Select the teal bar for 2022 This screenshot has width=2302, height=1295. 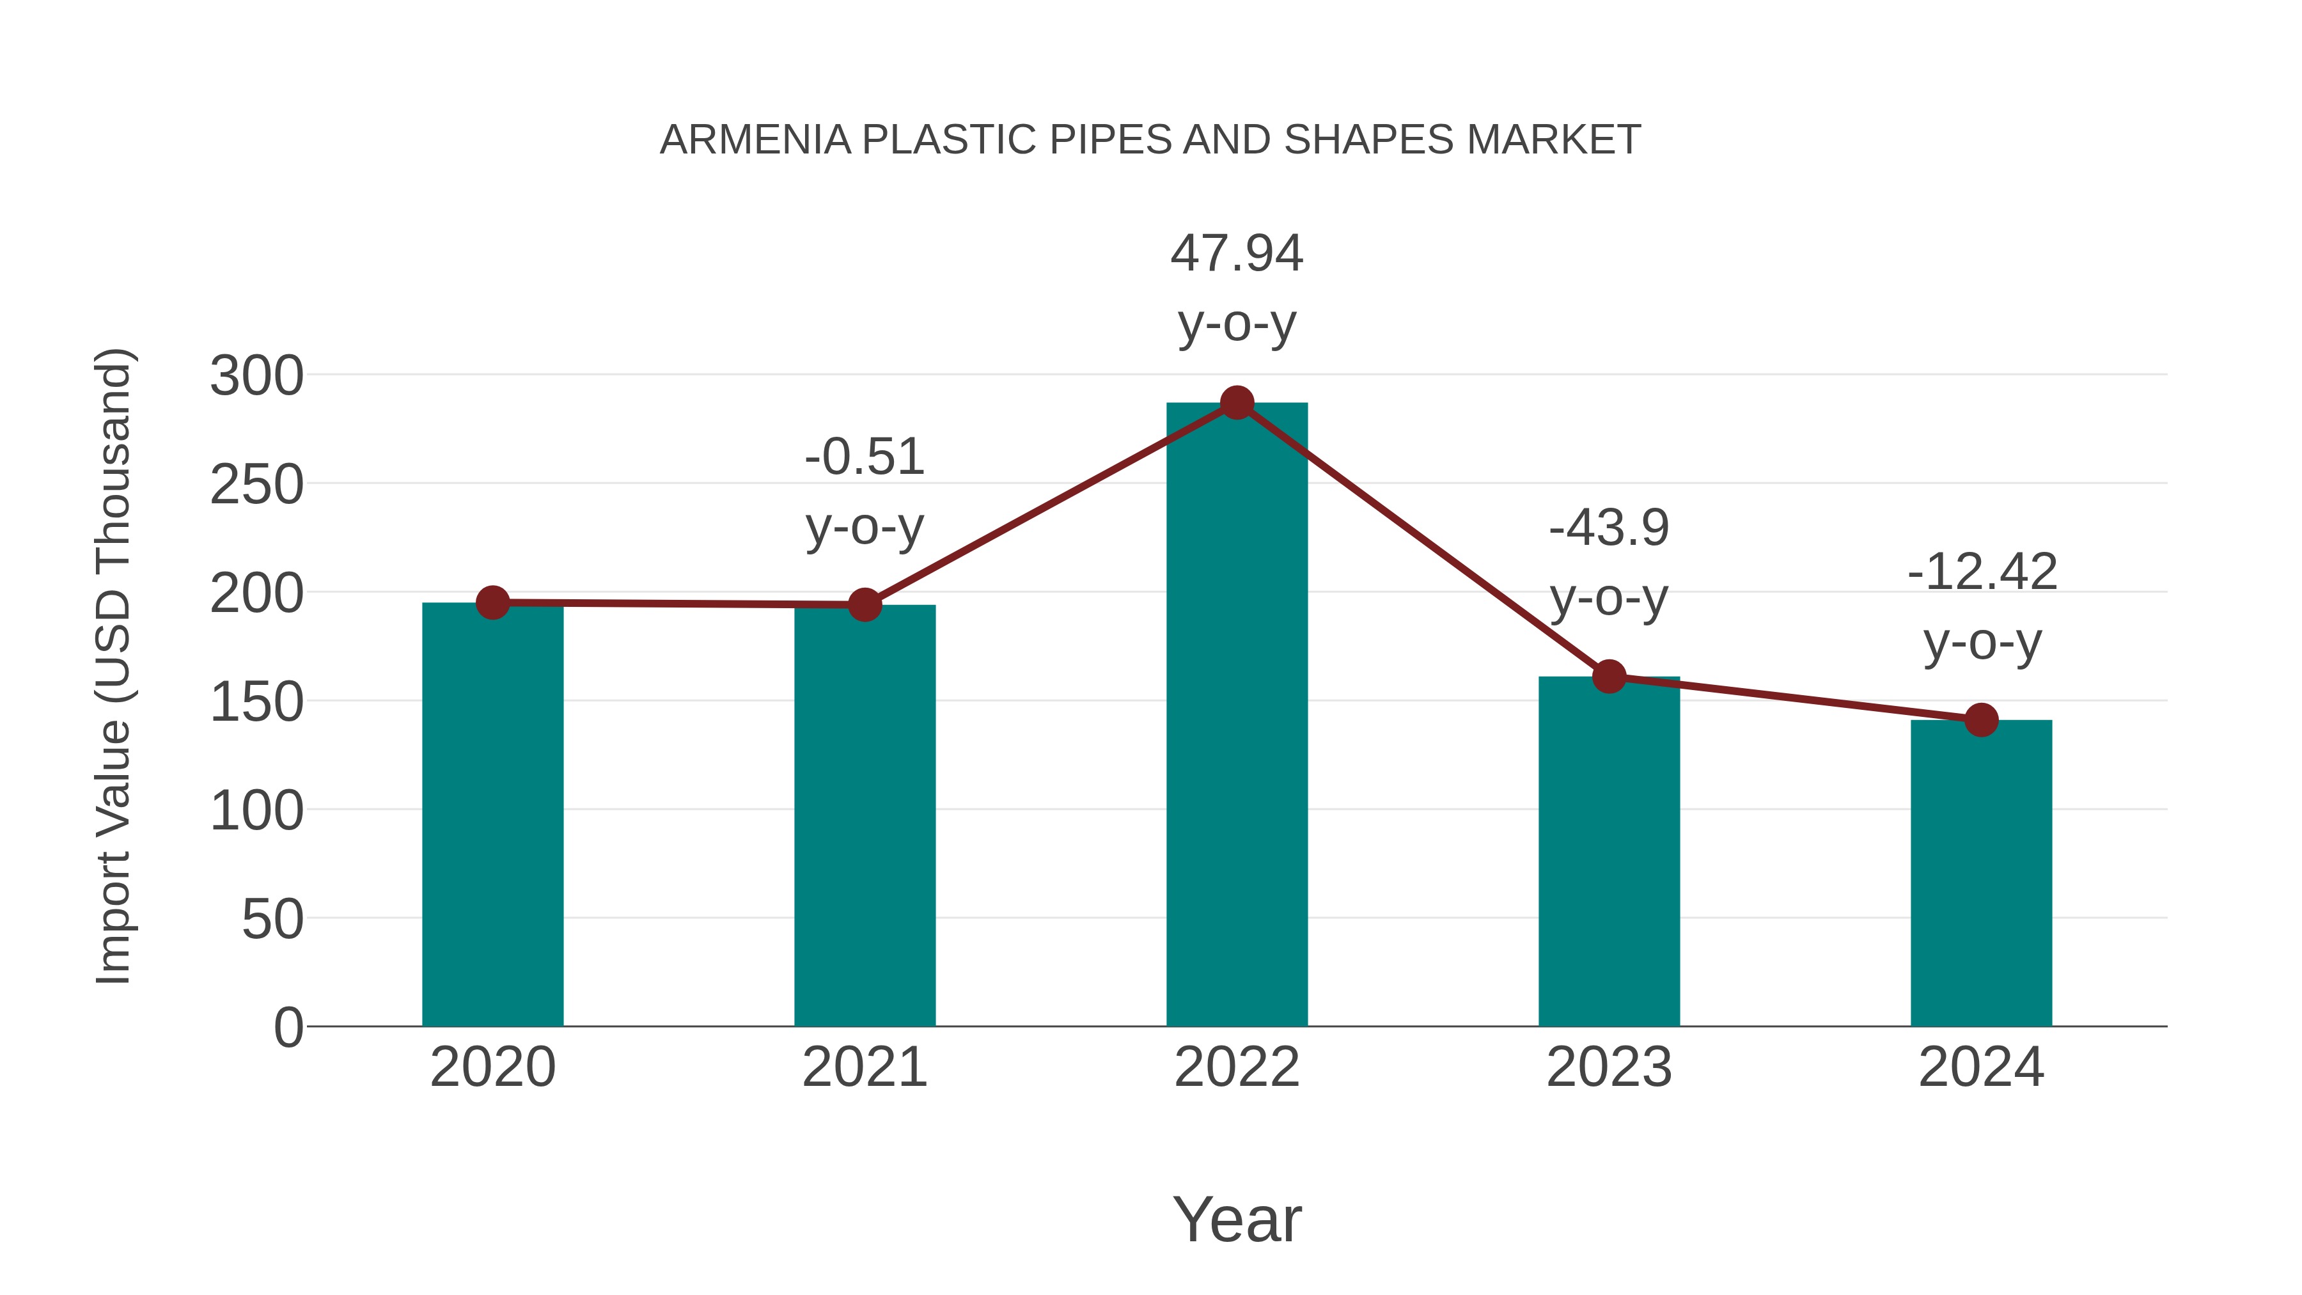pos(1237,715)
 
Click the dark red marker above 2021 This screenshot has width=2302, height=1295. pos(864,605)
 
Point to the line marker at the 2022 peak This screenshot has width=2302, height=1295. pos(1237,403)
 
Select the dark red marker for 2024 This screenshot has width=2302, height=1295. pos(1981,719)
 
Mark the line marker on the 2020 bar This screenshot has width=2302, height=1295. pos(492,602)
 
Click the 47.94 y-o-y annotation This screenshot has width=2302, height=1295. pos(1237,288)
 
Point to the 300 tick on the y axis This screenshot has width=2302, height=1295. pos(256,376)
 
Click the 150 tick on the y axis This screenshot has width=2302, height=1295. pos(256,702)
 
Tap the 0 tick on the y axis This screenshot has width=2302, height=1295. pos(288,1028)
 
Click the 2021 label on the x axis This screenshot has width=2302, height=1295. pos(864,1067)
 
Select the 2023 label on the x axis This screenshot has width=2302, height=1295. pos(1609,1067)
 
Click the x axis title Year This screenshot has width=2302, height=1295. pos(1237,1219)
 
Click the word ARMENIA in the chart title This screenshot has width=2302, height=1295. pos(755,139)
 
